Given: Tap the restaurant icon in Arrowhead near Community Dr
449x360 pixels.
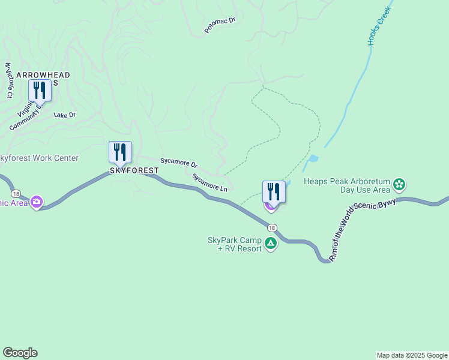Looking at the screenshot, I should click(40, 90).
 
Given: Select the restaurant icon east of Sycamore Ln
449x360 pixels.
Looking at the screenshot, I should click(274, 191).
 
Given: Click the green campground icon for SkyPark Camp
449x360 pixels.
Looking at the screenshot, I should click(271, 243).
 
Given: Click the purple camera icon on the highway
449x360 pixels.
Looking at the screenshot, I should click(37, 201).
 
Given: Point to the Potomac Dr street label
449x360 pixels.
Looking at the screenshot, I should click(220, 25).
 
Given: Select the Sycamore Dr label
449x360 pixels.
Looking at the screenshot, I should click(178, 163).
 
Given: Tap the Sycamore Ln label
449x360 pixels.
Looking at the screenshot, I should click(209, 182).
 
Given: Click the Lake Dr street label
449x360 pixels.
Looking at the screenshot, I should click(65, 115).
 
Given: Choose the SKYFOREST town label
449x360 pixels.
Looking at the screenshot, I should click(134, 170).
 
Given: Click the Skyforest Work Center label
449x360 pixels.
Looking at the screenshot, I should click(38, 158).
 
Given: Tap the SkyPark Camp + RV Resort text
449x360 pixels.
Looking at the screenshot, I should click(235, 244).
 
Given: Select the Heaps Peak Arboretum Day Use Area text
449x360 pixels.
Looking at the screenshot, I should click(348, 185).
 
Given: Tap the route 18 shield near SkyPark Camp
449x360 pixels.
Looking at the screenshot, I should click(273, 227).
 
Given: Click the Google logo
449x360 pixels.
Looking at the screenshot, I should click(20, 353).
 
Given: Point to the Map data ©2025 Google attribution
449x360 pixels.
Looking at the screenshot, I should click(412, 355).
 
